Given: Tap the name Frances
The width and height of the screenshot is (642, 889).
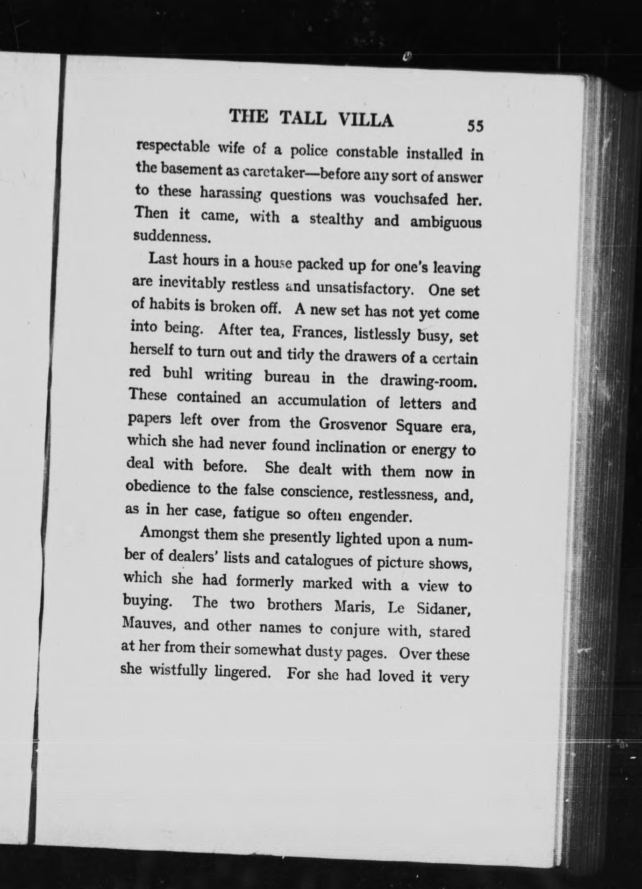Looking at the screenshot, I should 320,332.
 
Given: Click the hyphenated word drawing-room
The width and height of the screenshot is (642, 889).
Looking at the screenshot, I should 428,381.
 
